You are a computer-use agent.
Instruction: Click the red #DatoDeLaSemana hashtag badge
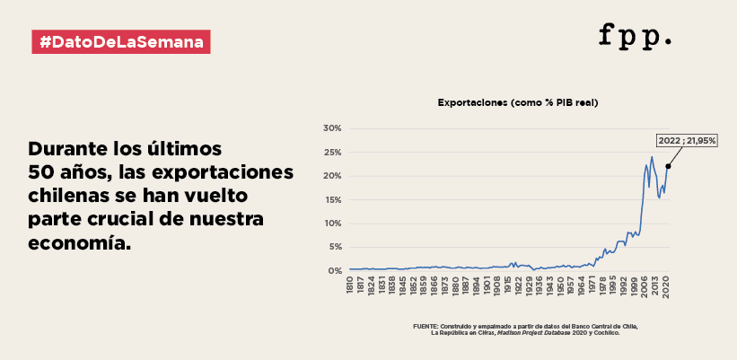point(121,42)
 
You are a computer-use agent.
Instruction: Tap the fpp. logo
point(635,36)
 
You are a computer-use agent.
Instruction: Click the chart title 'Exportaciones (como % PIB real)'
point(517,102)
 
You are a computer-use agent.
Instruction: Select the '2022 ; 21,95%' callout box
point(687,140)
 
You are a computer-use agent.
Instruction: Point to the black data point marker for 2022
point(668,166)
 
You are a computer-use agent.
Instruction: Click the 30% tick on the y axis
point(332,128)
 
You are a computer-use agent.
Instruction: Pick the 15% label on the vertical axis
point(332,199)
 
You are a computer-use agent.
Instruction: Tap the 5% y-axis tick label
point(334,247)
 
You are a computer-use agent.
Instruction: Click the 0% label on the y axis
point(334,271)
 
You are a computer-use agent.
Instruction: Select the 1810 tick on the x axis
point(350,285)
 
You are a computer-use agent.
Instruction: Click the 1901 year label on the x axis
point(487,285)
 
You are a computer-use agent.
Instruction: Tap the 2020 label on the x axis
point(665,285)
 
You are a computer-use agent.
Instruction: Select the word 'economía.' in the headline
point(79,243)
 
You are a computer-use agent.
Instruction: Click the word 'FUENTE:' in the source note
point(425,326)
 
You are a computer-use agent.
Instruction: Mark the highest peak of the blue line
point(652,157)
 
